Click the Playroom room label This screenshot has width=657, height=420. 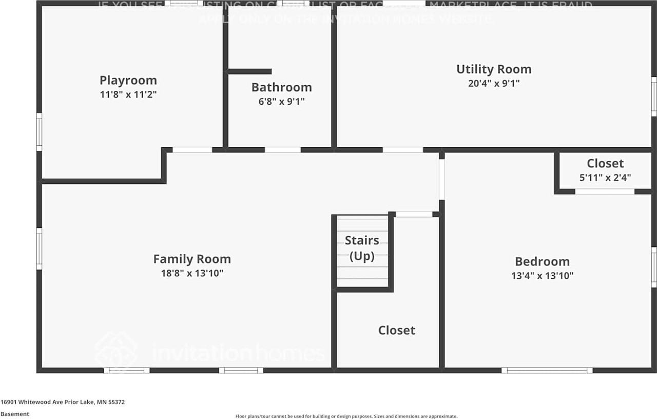coord(128,81)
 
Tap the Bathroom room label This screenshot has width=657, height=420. coord(281,87)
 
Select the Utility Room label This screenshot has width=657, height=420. coord(494,69)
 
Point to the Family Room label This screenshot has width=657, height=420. coord(192,259)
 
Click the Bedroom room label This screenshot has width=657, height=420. coord(542,261)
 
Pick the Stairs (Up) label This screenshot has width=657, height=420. coord(362,248)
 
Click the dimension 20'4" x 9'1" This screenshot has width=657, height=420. coord(494,83)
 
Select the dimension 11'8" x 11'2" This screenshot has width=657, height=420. coord(128,94)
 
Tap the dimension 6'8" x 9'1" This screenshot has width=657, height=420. coord(281,101)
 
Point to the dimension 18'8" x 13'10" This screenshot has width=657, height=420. coord(192,273)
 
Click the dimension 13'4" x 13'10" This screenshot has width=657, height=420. coord(542,275)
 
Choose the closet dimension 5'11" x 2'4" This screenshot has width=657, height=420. coord(605,178)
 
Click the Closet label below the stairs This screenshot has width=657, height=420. coord(397,330)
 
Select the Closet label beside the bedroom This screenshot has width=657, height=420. coord(605,164)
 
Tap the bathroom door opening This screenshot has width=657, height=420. coord(282,150)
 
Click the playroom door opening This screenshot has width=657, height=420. coord(192,150)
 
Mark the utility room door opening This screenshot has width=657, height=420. coord(402,150)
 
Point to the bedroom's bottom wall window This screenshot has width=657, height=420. coord(547,370)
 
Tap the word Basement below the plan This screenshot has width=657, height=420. coord(15,414)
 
